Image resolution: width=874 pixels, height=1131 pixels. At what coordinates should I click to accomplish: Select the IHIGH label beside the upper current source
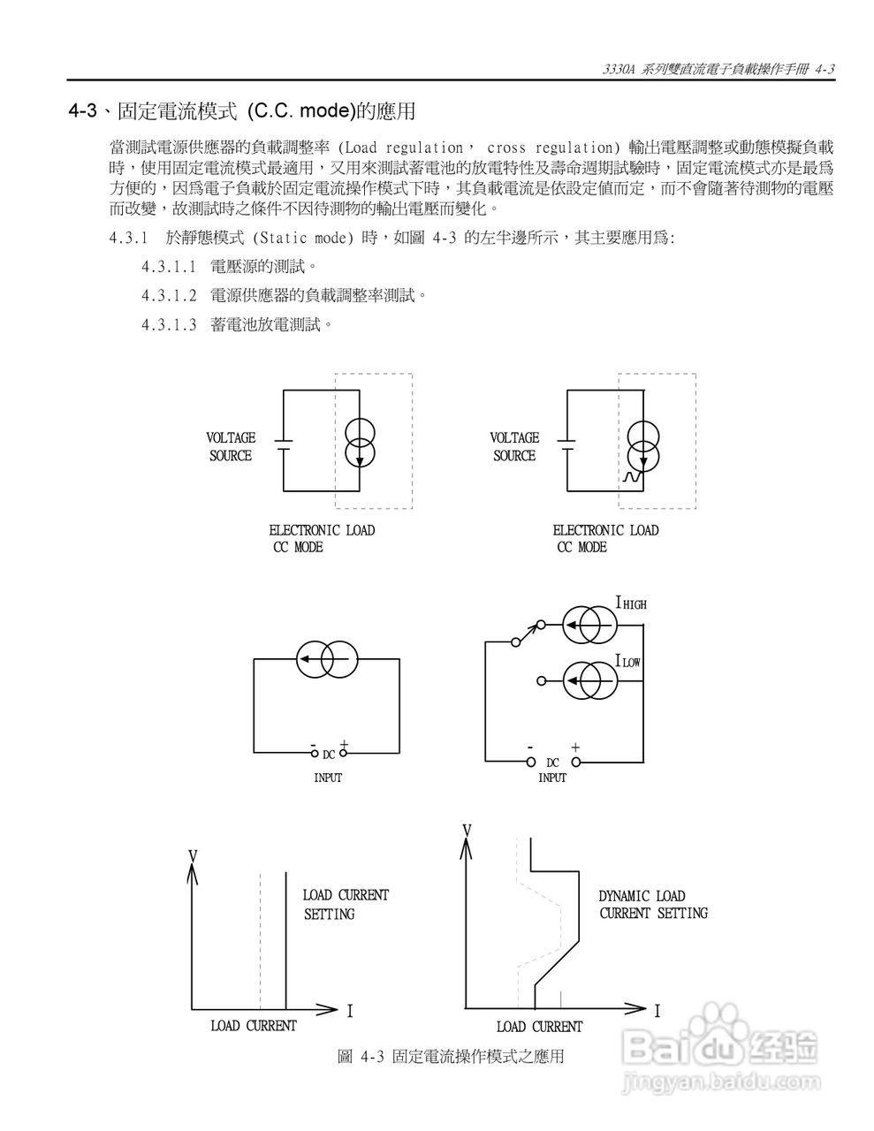[631, 603]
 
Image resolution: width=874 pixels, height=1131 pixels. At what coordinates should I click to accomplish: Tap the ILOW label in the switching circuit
[627, 661]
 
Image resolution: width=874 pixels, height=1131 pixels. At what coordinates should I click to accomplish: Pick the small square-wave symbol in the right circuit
[630, 477]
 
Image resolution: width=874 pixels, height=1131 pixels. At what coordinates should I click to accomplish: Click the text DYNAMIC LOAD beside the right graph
[642, 896]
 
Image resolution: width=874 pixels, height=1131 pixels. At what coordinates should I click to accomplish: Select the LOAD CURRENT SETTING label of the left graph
[345, 904]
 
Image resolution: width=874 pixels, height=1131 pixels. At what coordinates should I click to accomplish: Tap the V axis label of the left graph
[192, 856]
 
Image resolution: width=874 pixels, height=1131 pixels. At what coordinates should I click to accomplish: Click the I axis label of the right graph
[657, 1010]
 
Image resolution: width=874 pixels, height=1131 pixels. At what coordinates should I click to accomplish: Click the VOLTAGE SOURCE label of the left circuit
[231, 446]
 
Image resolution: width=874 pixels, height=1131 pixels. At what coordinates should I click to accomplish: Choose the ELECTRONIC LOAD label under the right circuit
[605, 530]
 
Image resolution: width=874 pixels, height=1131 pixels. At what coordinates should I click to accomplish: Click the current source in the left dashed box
[361, 444]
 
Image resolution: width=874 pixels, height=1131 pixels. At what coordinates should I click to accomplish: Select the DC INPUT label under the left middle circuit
[328, 765]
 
